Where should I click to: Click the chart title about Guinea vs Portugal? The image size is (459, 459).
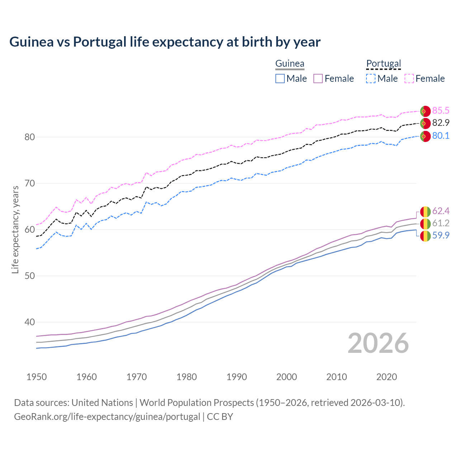tap(165, 42)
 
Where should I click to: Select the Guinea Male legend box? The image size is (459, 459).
tap(280, 79)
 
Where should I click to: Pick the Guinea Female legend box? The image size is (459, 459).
tap(318, 79)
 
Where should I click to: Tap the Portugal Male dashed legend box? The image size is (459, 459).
tap(371, 79)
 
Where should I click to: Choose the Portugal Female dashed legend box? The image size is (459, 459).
tap(409, 79)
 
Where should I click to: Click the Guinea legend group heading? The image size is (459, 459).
tap(290, 63)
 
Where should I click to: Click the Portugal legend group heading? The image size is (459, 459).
tap(383, 63)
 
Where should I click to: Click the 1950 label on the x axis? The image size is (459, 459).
tap(37, 377)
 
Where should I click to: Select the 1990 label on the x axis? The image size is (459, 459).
tap(237, 377)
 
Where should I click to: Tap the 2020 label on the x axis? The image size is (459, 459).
tap(387, 377)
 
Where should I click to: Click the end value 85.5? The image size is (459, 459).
tap(441, 110)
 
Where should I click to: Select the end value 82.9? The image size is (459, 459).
tap(441, 123)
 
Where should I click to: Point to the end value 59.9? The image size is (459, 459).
tap(441, 235)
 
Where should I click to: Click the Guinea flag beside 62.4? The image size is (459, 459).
tap(425, 212)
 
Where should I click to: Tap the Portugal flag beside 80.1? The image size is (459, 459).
tap(425, 136)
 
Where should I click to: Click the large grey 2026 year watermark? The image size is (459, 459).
tap(378, 343)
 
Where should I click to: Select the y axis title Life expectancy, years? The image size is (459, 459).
tap(15, 229)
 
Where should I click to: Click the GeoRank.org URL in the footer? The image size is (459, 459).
tap(107, 417)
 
